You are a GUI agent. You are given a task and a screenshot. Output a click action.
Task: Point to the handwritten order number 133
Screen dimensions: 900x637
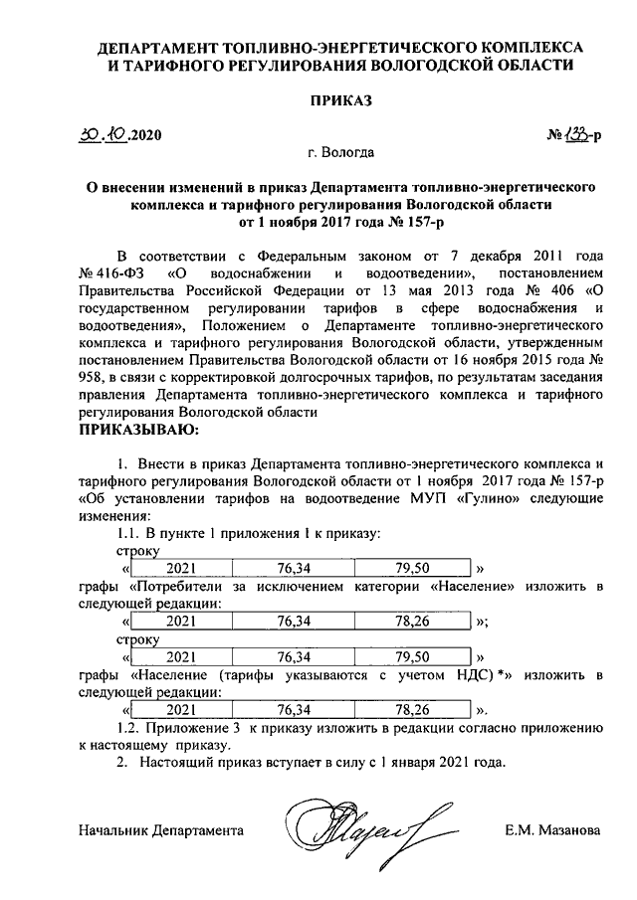572,132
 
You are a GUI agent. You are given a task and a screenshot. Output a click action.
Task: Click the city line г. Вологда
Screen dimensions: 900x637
341,154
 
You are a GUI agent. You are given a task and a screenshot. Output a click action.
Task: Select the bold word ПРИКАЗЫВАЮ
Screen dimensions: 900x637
138,430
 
